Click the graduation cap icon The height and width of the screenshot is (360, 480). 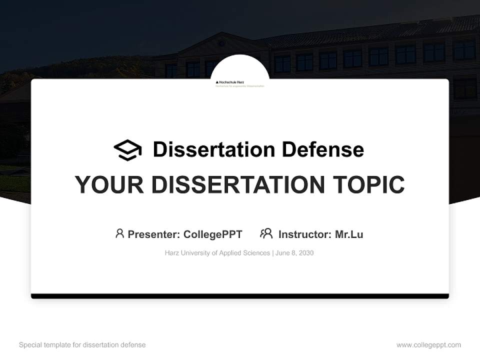[x=127, y=150]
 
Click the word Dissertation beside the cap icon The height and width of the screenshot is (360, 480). [x=214, y=149]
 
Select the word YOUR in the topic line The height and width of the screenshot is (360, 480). [x=108, y=185]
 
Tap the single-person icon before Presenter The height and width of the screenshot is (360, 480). [x=119, y=233]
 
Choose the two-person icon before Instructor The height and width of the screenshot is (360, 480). [x=266, y=233]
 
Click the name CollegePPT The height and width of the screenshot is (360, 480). [x=212, y=234]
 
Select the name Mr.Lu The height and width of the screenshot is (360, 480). [x=349, y=234]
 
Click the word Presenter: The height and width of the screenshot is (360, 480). [x=154, y=234]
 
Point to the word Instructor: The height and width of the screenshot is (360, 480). [x=304, y=234]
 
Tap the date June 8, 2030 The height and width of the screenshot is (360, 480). [x=295, y=253]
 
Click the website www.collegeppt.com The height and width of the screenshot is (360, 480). [x=428, y=345]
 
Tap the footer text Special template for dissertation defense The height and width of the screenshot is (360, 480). [x=82, y=345]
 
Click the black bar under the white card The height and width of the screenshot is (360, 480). [x=240, y=296]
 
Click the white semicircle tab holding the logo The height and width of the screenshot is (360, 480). [x=240, y=67]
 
